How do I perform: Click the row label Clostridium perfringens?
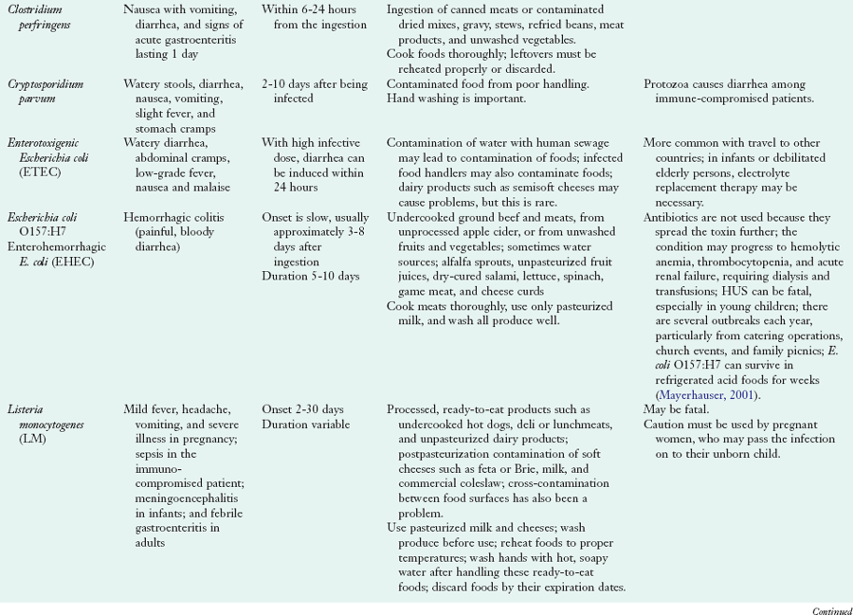click(46, 16)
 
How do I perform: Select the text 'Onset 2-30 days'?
click(302, 410)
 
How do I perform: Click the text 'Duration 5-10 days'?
click(310, 276)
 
